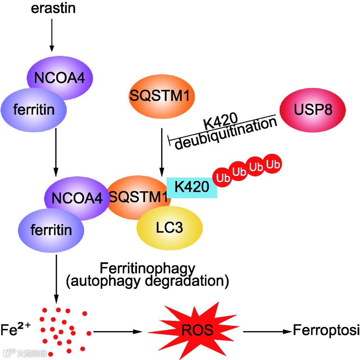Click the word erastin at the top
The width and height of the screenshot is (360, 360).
point(53,8)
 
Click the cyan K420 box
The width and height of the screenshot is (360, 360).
point(191,187)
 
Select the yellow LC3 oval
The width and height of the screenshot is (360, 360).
point(169,228)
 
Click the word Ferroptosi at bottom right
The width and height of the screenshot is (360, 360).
point(326,330)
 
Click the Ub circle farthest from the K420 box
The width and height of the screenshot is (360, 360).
point(273,164)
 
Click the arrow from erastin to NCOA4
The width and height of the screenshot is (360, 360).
point(51,34)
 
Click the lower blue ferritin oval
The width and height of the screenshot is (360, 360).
point(51,230)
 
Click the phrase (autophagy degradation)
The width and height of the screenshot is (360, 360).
point(147,281)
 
